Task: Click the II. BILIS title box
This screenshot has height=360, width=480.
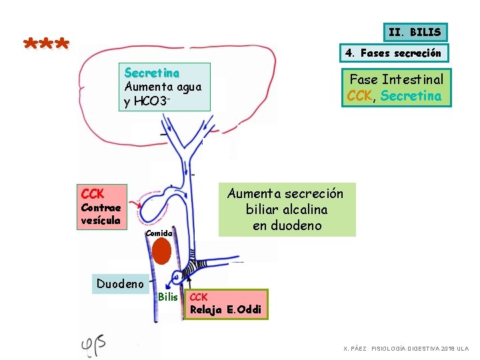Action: pyautogui.click(x=415, y=32)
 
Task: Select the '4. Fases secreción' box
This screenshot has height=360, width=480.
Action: pyautogui.click(x=394, y=53)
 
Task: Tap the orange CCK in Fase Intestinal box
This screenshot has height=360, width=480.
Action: pyautogui.click(x=359, y=96)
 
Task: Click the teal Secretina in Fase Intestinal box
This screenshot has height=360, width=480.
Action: pyautogui.click(x=411, y=96)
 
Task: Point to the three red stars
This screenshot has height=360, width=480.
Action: pyautogui.click(x=46, y=43)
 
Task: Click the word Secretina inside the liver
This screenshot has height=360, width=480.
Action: pyautogui.click(x=152, y=73)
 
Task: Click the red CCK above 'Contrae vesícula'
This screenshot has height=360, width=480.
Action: pyautogui.click(x=93, y=194)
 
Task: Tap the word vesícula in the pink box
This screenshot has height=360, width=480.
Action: pyautogui.click(x=101, y=221)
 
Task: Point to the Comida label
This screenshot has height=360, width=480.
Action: pyautogui.click(x=159, y=233)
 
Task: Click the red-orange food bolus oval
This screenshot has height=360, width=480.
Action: pyautogui.click(x=161, y=251)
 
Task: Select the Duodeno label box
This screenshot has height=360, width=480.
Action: pyautogui.click(x=120, y=284)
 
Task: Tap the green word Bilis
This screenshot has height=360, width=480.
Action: pyautogui.click(x=168, y=297)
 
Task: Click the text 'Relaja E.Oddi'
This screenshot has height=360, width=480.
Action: pyautogui.click(x=225, y=310)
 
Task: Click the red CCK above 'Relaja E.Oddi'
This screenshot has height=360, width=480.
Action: pyautogui.click(x=199, y=297)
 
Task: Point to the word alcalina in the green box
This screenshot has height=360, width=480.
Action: pyautogui.click(x=305, y=210)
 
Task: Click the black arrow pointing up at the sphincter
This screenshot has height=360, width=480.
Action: pyautogui.click(x=189, y=282)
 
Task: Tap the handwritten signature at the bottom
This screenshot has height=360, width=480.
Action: pyautogui.click(x=93, y=346)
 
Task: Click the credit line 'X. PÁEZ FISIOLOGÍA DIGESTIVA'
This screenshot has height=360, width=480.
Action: pyautogui.click(x=406, y=349)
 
